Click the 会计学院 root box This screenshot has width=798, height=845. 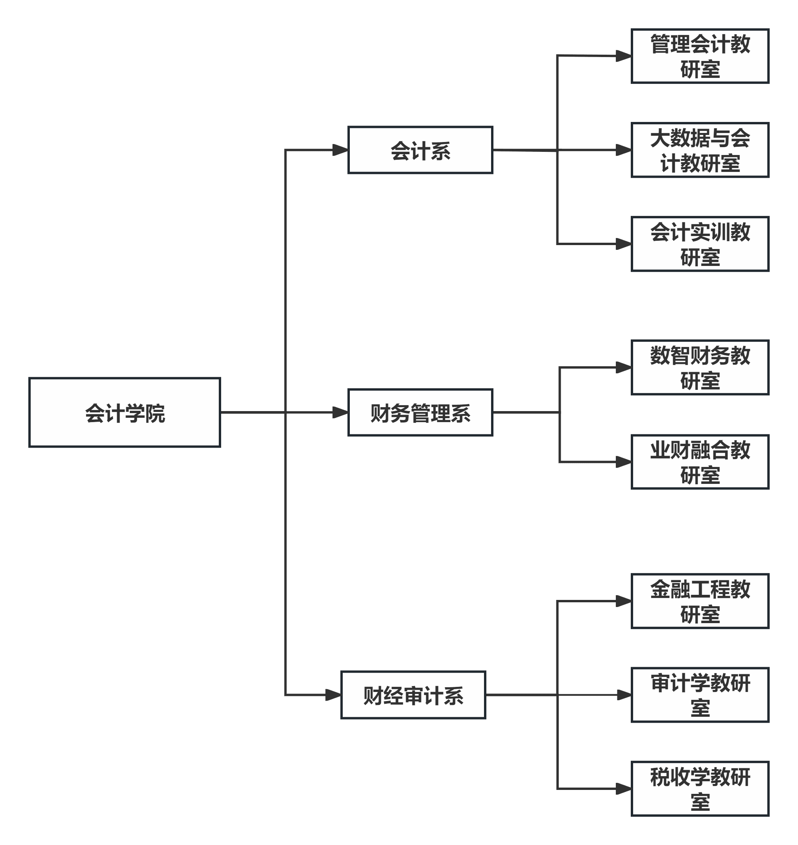click(125, 412)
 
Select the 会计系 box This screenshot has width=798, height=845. click(420, 150)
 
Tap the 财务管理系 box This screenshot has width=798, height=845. click(420, 412)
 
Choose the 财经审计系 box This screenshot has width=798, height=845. click(413, 695)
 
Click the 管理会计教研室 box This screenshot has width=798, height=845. click(700, 56)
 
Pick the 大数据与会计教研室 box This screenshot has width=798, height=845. click(700, 150)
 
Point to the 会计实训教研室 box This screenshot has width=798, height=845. click(700, 244)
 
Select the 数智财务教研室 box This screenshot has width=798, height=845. click(700, 367)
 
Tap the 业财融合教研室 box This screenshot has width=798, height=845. click(700, 462)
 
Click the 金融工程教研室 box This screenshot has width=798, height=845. click(700, 601)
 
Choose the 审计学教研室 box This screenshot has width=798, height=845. click(700, 695)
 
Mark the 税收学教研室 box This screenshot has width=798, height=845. click(700, 789)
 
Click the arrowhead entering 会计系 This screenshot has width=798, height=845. click(341, 150)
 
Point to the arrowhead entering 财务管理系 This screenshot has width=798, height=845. click(341, 412)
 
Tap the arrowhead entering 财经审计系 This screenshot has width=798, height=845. click(334, 695)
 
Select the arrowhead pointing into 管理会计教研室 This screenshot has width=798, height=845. click(624, 56)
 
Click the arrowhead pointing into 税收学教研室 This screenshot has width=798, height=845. click(624, 789)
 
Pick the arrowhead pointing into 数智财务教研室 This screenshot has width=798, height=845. click(624, 367)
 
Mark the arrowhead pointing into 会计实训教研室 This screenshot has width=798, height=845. click(624, 244)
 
